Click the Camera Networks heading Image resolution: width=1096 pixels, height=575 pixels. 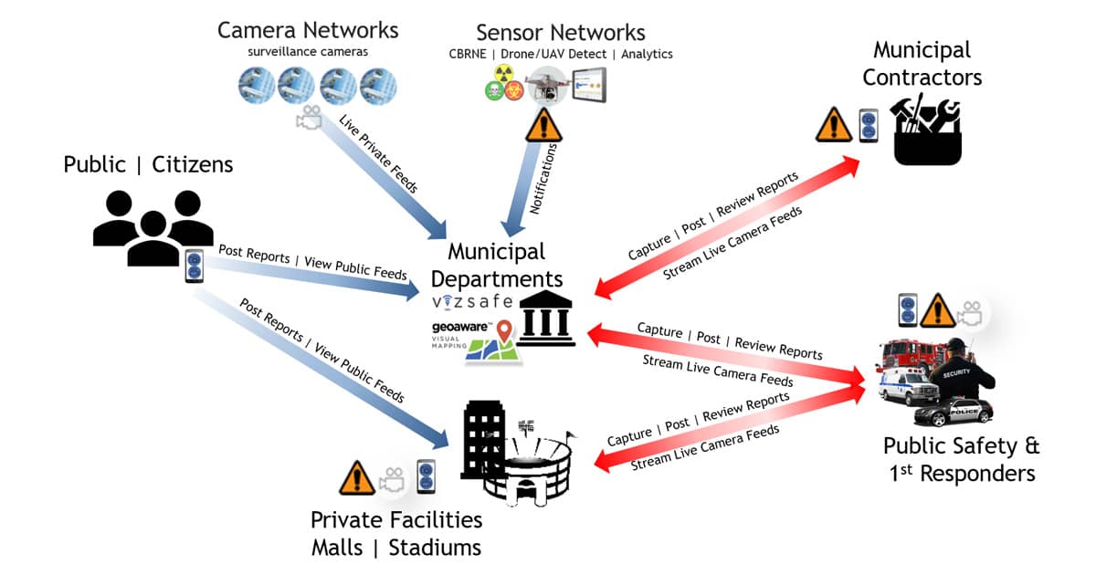[308, 30]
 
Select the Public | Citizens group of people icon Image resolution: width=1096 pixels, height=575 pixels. [146, 226]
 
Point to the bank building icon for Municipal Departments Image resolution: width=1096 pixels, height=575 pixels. [545, 319]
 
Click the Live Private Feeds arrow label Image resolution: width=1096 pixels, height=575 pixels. [378, 153]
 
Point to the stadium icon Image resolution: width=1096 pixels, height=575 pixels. [529, 465]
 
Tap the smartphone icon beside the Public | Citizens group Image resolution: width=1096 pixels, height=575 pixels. [194, 266]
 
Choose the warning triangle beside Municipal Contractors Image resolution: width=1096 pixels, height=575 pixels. [833, 125]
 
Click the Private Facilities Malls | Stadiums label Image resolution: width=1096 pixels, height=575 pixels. [395, 534]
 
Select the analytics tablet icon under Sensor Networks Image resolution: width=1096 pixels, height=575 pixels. [589, 86]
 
